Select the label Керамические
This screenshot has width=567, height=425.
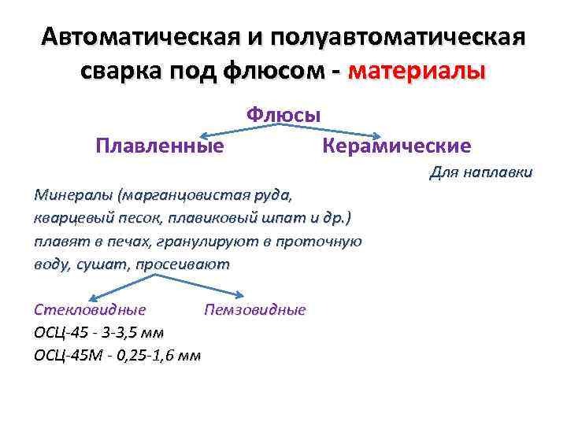tap(397, 146)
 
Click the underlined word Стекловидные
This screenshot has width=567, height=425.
tap(91, 309)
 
